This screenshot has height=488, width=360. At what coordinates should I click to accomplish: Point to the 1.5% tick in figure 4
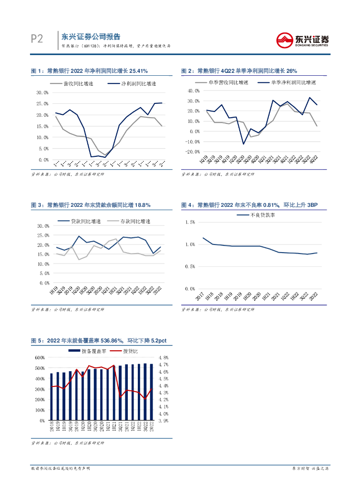point(189,222)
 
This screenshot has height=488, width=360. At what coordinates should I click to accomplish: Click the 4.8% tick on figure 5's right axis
point(164,357)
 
